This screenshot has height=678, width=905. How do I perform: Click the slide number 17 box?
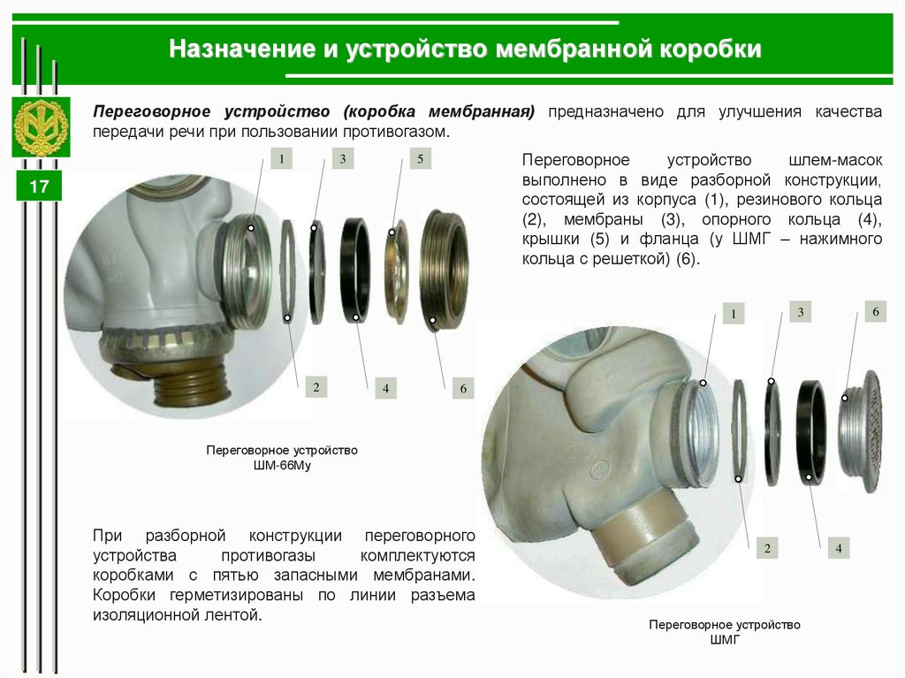point(39,186)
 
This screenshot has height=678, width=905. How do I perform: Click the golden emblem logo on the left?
point(41,127)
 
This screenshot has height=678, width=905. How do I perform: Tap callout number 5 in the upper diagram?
point(420,159)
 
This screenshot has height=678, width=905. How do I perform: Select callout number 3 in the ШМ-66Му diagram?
point(343,159)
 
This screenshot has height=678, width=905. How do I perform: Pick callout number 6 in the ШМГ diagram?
point(876,312)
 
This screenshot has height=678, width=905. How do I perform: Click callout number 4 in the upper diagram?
point(385,388)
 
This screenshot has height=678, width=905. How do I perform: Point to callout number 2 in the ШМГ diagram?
point(767,548)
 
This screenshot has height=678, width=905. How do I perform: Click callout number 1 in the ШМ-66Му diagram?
point(282,158)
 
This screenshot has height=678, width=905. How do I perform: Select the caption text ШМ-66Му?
point(282,465)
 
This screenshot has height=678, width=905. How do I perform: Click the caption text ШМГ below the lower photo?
point(725,639)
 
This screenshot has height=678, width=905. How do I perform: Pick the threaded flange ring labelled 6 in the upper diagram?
point(444,270)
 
